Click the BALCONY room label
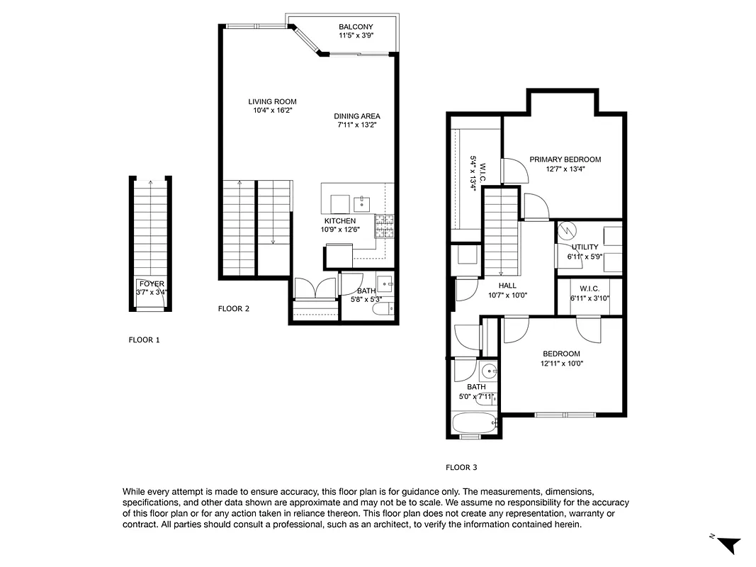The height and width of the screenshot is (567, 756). [355, 27]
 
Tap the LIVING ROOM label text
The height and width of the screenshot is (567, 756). [272, 101]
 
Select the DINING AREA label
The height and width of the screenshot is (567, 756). [357, 116]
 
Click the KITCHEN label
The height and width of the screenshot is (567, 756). [339, 221]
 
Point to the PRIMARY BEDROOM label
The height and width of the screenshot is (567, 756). [565, 159]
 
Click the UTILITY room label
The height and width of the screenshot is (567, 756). [585, 247]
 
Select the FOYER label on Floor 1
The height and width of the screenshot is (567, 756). [152, 283]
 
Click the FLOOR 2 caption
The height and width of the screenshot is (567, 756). [233, 309]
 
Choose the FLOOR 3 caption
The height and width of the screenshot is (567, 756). [461, 468]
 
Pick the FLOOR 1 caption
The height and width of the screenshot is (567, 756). [144, 340]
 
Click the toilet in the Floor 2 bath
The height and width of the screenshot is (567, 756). [381, 310]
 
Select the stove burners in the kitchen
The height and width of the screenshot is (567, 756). [384, 226]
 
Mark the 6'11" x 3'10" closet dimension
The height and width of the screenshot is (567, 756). [589, 298]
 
